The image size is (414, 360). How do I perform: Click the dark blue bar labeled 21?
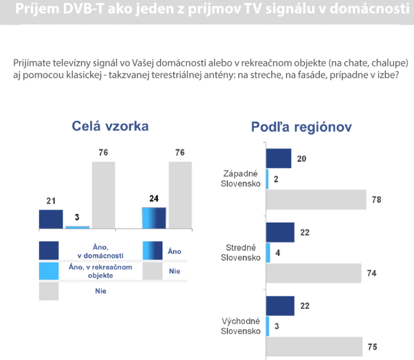click(x=51, y=219)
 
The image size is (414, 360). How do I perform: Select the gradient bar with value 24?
click(x=154, y=218)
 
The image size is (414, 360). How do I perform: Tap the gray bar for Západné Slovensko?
click(x=316, y=200)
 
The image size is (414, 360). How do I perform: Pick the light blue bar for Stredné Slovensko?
click(x=268, y=252)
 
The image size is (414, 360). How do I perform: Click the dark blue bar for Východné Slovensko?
click(x=280, y=306)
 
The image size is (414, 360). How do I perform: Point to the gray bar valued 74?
click(x=313, y=273)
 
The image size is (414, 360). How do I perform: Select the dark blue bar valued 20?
click(x=278, y=158)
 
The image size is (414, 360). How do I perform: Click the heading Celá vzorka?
click(x=110, y=126)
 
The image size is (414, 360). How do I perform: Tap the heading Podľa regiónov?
click(x=301, y=127)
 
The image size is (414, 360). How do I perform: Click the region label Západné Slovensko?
click(x=241, y=178)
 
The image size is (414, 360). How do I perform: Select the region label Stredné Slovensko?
click(x=241, y=252)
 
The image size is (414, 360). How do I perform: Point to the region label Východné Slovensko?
click(x=241, y=326)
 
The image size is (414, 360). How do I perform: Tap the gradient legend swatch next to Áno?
click(x=152, y=251)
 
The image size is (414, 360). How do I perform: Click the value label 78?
click(x=376, y=200)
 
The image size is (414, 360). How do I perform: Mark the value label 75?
click(x=373, y=347)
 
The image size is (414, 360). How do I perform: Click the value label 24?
click(x=154, y=199)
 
